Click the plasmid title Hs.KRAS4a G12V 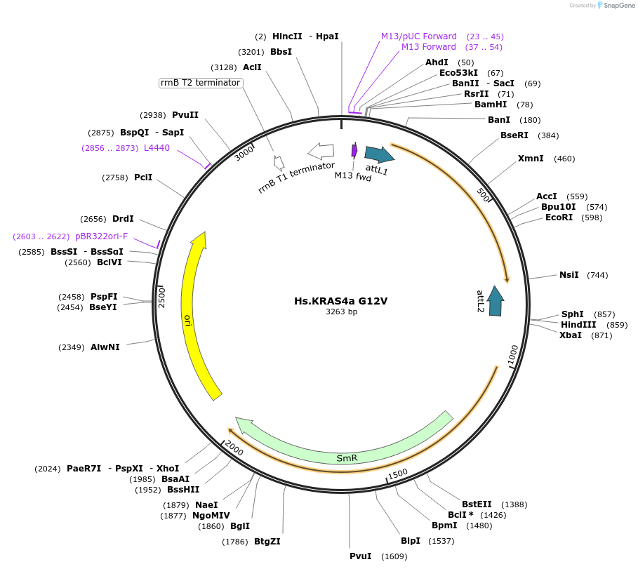tap(340, 301)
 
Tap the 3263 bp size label tap(341, 312)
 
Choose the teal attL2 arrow tap(496, 300)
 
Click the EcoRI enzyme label tap(559, 217)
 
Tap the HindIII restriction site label tap(578, 325)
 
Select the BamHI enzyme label tap(491, 105)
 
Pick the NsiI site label tap(569, 275)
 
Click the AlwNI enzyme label tap(105, 347)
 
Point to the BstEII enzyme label tap(477, 504)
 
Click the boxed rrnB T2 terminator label tap(201, 83)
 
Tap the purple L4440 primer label tap(157, 148)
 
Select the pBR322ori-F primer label tap(102, 236)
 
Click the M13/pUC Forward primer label tap(419, 36)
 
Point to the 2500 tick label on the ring tap(161, 296)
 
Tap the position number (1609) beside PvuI tap(394, 556)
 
